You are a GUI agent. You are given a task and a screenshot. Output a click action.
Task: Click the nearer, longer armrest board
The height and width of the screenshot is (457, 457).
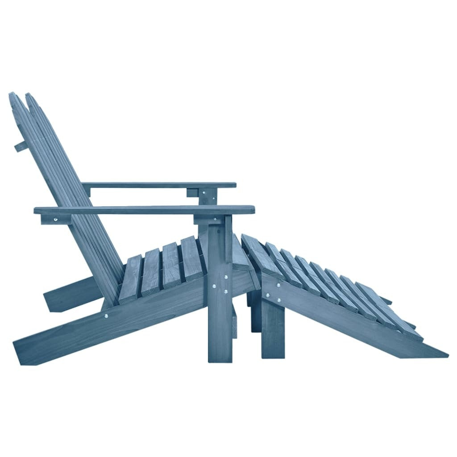(143, 210)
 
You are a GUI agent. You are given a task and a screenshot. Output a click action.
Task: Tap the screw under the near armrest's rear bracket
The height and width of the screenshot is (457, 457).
(55, 219)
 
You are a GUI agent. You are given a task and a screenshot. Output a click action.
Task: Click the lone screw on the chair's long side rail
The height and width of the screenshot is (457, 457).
(107, 316)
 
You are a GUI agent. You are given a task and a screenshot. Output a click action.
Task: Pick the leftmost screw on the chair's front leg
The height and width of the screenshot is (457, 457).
(216, 285)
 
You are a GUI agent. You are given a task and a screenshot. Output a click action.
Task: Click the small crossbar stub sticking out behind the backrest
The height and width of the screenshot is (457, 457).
(19, 146)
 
